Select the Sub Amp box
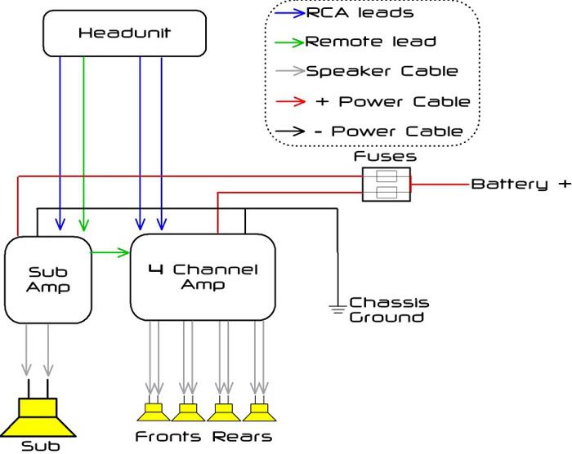(48, 278)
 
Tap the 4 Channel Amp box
(205, 277)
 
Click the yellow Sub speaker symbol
(38, 416)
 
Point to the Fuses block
(386, 185)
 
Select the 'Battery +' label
(520, 184)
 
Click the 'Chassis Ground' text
(388, 309)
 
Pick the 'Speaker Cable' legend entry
(382, 70)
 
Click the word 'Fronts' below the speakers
(168, 436)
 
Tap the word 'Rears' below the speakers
(242, 436)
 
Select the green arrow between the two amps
(110, 252)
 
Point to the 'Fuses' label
(385, 155)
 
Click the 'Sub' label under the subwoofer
(40, 446)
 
